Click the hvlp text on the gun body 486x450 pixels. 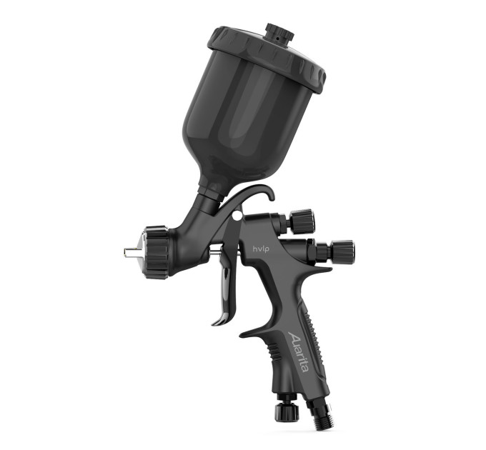pos(259,248)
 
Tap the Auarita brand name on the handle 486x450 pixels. pos(299,352)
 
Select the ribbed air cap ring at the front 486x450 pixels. pos(156,252)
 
